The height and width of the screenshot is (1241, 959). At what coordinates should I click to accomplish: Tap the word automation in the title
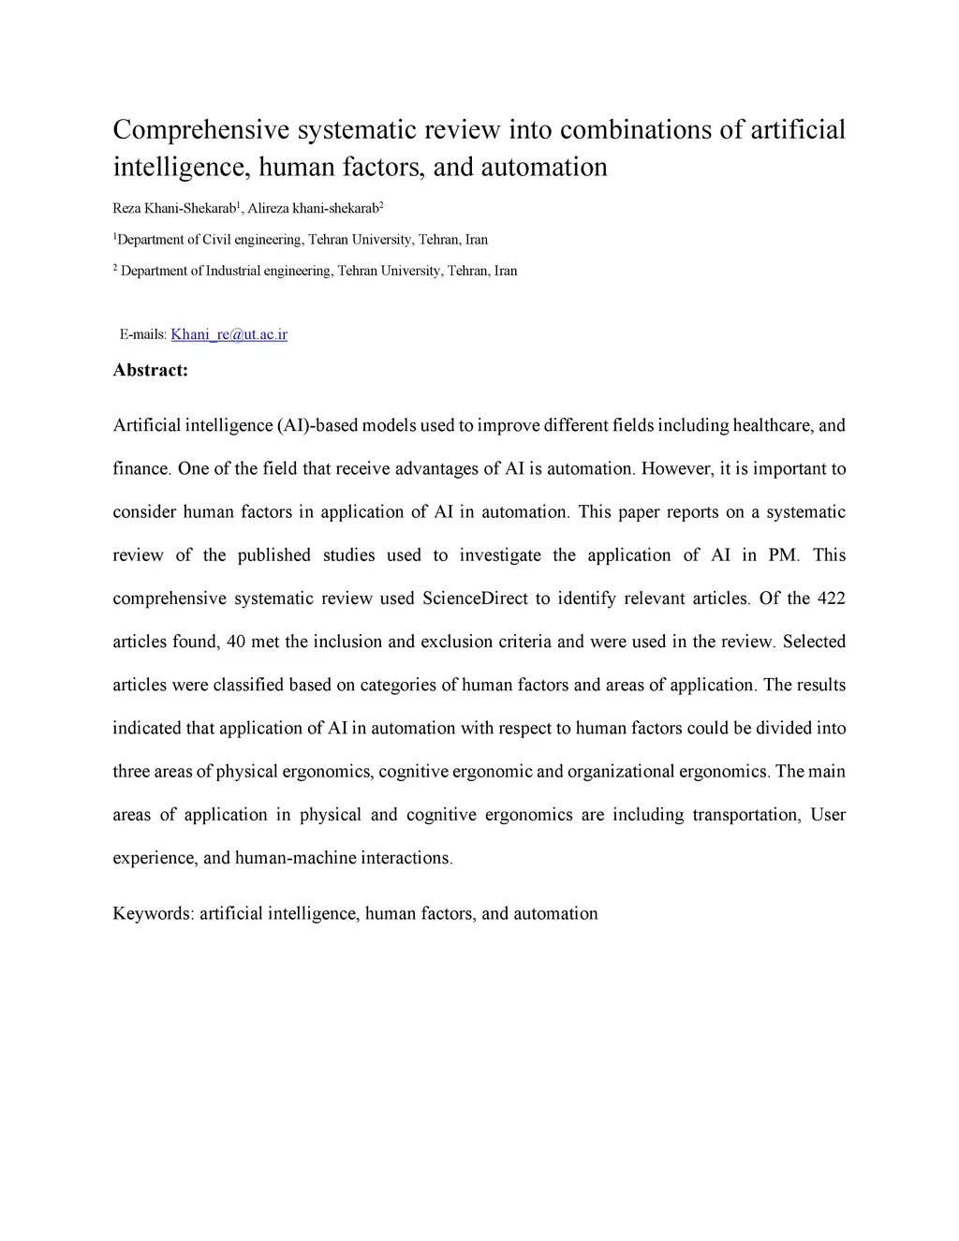click(x=544, y=168)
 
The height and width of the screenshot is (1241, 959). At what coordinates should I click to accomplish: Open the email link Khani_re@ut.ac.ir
click(x=229, y=334)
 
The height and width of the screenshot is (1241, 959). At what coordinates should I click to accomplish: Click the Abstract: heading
click(x=150, y=370)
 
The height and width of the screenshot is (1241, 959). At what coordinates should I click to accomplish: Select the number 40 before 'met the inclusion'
click(x=235, y=642)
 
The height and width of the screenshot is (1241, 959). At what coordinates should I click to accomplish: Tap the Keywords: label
click(x=153, y=913)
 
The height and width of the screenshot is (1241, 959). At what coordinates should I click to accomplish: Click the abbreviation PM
click(x=783, y=555)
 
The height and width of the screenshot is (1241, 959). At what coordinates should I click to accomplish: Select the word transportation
click(x=745, y=815)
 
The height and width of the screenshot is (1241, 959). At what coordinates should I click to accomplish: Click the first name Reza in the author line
click(x=126, y=207)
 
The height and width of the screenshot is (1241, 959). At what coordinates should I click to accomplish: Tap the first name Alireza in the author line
click(x=268, y=207)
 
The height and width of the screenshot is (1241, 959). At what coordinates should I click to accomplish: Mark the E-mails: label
click(x=143, y=334)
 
